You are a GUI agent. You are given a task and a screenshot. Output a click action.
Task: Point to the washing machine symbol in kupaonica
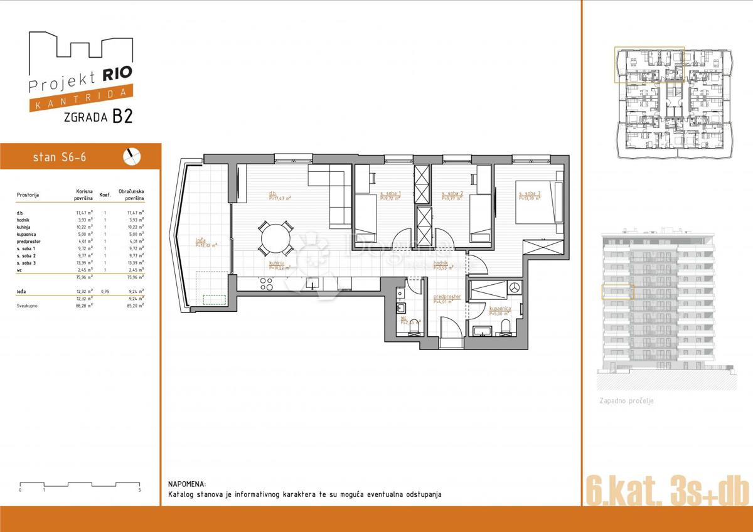pyautogui.click(x=515, y=287)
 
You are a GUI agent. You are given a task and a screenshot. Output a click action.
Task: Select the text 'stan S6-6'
pyautogui.click(x=59, y=157)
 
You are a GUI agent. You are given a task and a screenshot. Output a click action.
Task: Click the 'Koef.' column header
pyautogui.click(x=105, y=195)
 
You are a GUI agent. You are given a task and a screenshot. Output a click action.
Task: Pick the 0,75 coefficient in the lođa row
pyautogui.click(x=105, y=291)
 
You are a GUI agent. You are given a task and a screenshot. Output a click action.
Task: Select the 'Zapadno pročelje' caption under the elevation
pyautogui.click(x=626, y=400)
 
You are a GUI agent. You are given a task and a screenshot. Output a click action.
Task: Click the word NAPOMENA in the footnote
pyautogui.click(x=186, y=484)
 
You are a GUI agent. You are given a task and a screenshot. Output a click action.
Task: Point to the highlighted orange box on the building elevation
pyautogui.click(x=617, y=292)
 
